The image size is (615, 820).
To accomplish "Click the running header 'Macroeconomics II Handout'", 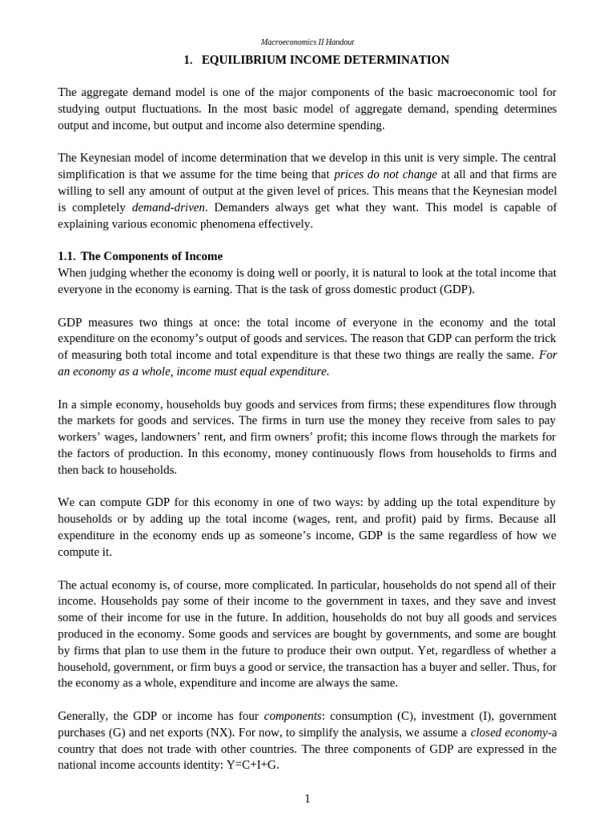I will [307, 42].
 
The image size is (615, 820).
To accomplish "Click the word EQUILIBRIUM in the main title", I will [245, 60].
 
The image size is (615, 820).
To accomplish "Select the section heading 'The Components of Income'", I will [152, 256].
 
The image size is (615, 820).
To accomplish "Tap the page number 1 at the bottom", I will [307, 798].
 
